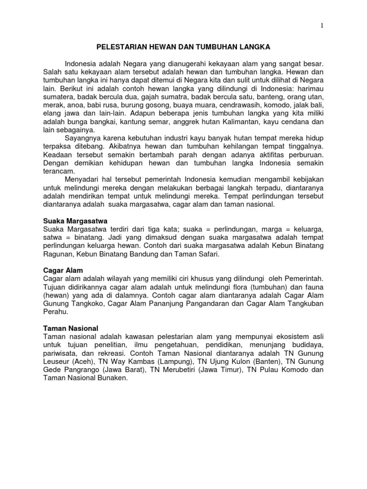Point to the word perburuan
tap(304, 156)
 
